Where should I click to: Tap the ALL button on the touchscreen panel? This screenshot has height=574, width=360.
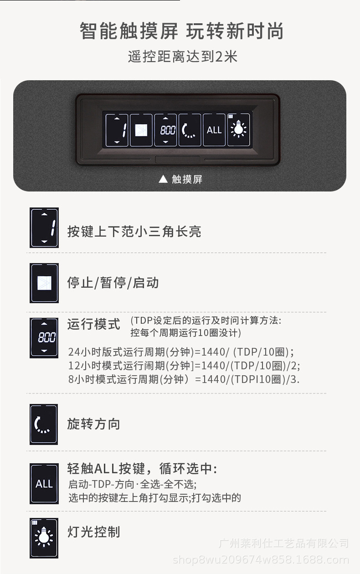point(214,130)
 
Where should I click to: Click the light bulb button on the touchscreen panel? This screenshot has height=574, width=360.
point(239,130)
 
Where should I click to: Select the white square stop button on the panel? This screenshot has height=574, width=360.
point(141,130)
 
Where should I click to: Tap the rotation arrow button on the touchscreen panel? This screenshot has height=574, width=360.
point(190,130)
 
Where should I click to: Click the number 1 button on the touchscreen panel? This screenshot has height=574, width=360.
point(117,130)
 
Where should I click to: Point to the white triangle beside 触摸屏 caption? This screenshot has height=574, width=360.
point(163,179)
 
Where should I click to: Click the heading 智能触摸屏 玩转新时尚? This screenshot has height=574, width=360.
point(181,31)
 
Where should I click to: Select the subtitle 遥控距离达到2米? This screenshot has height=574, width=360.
point(183,57)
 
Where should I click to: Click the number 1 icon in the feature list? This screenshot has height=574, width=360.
point(44,228)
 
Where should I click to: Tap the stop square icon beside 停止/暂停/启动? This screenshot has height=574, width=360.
point(44,283)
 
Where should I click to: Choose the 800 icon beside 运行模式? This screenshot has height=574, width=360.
point(44,338)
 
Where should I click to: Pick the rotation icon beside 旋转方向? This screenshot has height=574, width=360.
point(44,424)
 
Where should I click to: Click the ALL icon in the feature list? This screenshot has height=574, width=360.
point(44,484)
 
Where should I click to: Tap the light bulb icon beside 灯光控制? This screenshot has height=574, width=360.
point(44,538)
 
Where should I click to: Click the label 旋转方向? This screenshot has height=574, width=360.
point(93,424)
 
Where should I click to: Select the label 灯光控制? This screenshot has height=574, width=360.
point(93,532)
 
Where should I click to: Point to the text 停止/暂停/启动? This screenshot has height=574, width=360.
point(113,283)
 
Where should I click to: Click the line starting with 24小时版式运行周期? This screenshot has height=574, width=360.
point(181,352)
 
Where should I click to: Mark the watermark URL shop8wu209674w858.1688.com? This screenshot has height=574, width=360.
point(261,560)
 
